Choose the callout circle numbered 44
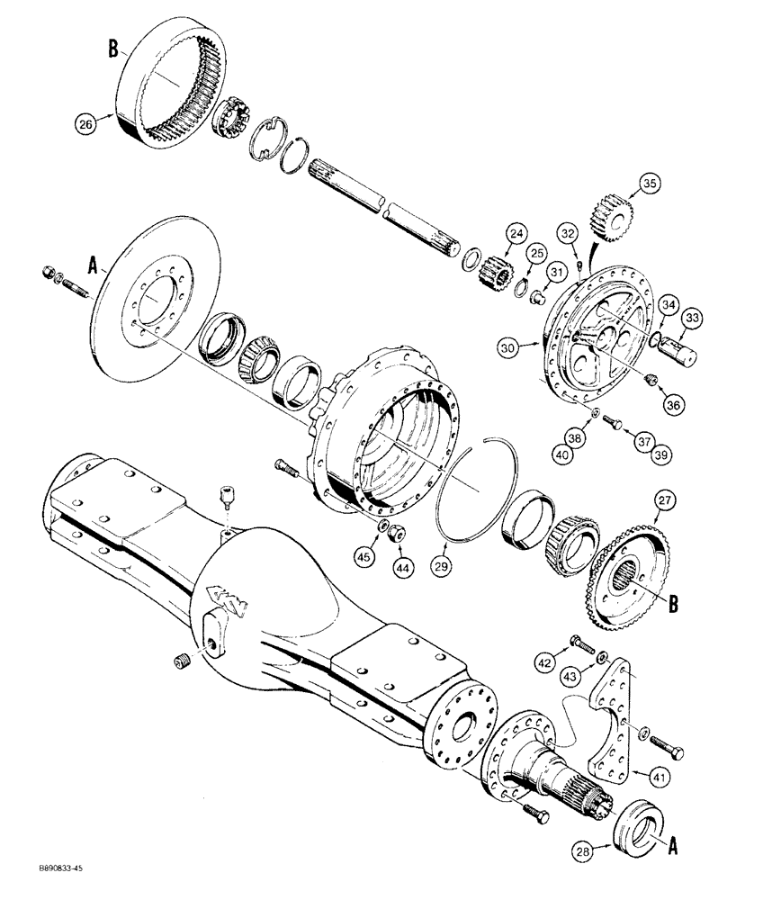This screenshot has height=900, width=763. (x=399, y=568)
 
